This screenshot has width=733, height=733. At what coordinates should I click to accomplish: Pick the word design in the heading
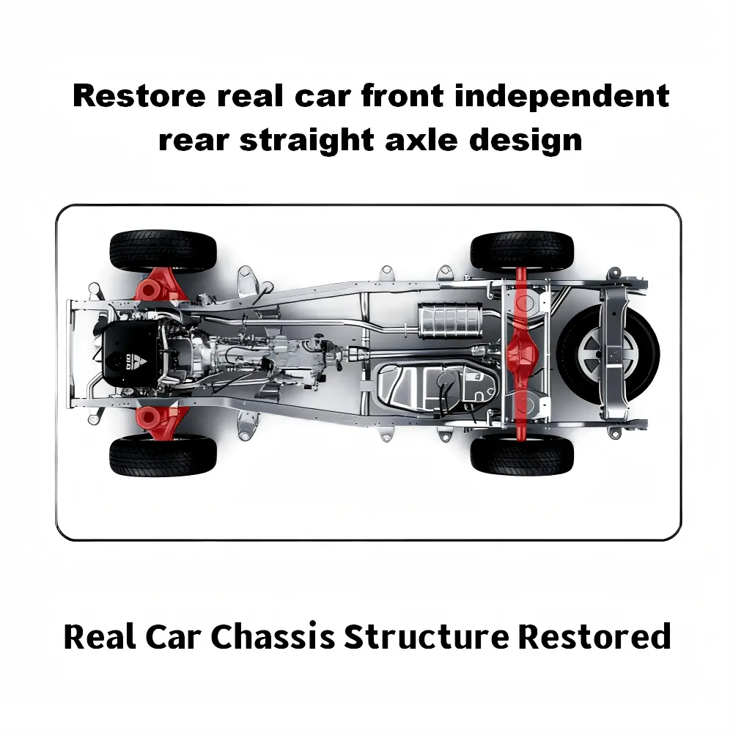point(529,139)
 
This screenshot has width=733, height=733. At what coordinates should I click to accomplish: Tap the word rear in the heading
point(194,139)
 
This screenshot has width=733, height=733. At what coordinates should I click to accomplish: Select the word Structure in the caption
point(426,636)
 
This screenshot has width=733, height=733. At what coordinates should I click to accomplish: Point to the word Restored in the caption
point(594,636)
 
